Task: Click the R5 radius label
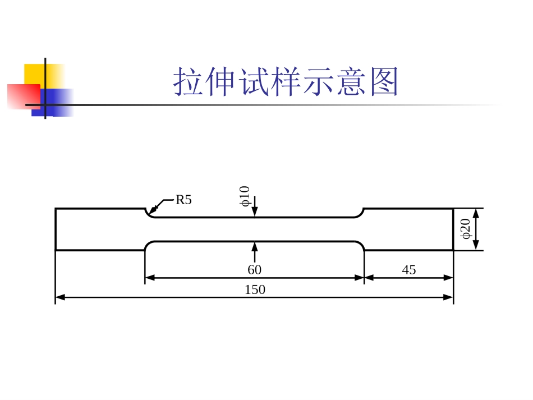tap(183, 200)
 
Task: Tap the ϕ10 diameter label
tap(245, 196)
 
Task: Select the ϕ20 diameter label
tap(466, 229)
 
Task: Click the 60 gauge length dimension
tap(254, 270)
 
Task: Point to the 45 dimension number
tap(409, 270)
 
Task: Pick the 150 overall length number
tap(255, 290)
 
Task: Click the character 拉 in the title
tap(189, 82)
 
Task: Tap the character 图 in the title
tap(384, 82)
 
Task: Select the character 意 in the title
tap(351, 82)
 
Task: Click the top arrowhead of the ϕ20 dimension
tap(476, 213)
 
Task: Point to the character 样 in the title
tap(286, 82)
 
